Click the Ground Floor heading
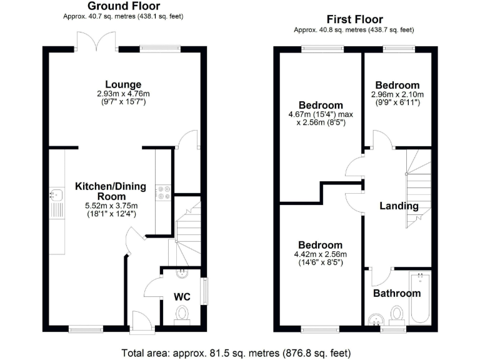pos(123,6)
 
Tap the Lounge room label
pos(123,84)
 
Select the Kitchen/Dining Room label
pos(110,191)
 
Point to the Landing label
pos(399,206)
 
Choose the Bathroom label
pos(397,293)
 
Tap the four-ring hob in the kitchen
pos(164,193)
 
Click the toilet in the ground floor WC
pos(182,313)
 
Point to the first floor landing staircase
pos(419,187)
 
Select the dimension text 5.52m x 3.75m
pos(110,206)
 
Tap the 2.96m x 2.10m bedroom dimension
pos(397,95)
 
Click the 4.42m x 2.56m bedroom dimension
pos(320,254)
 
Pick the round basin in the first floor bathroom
pos(375,319)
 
